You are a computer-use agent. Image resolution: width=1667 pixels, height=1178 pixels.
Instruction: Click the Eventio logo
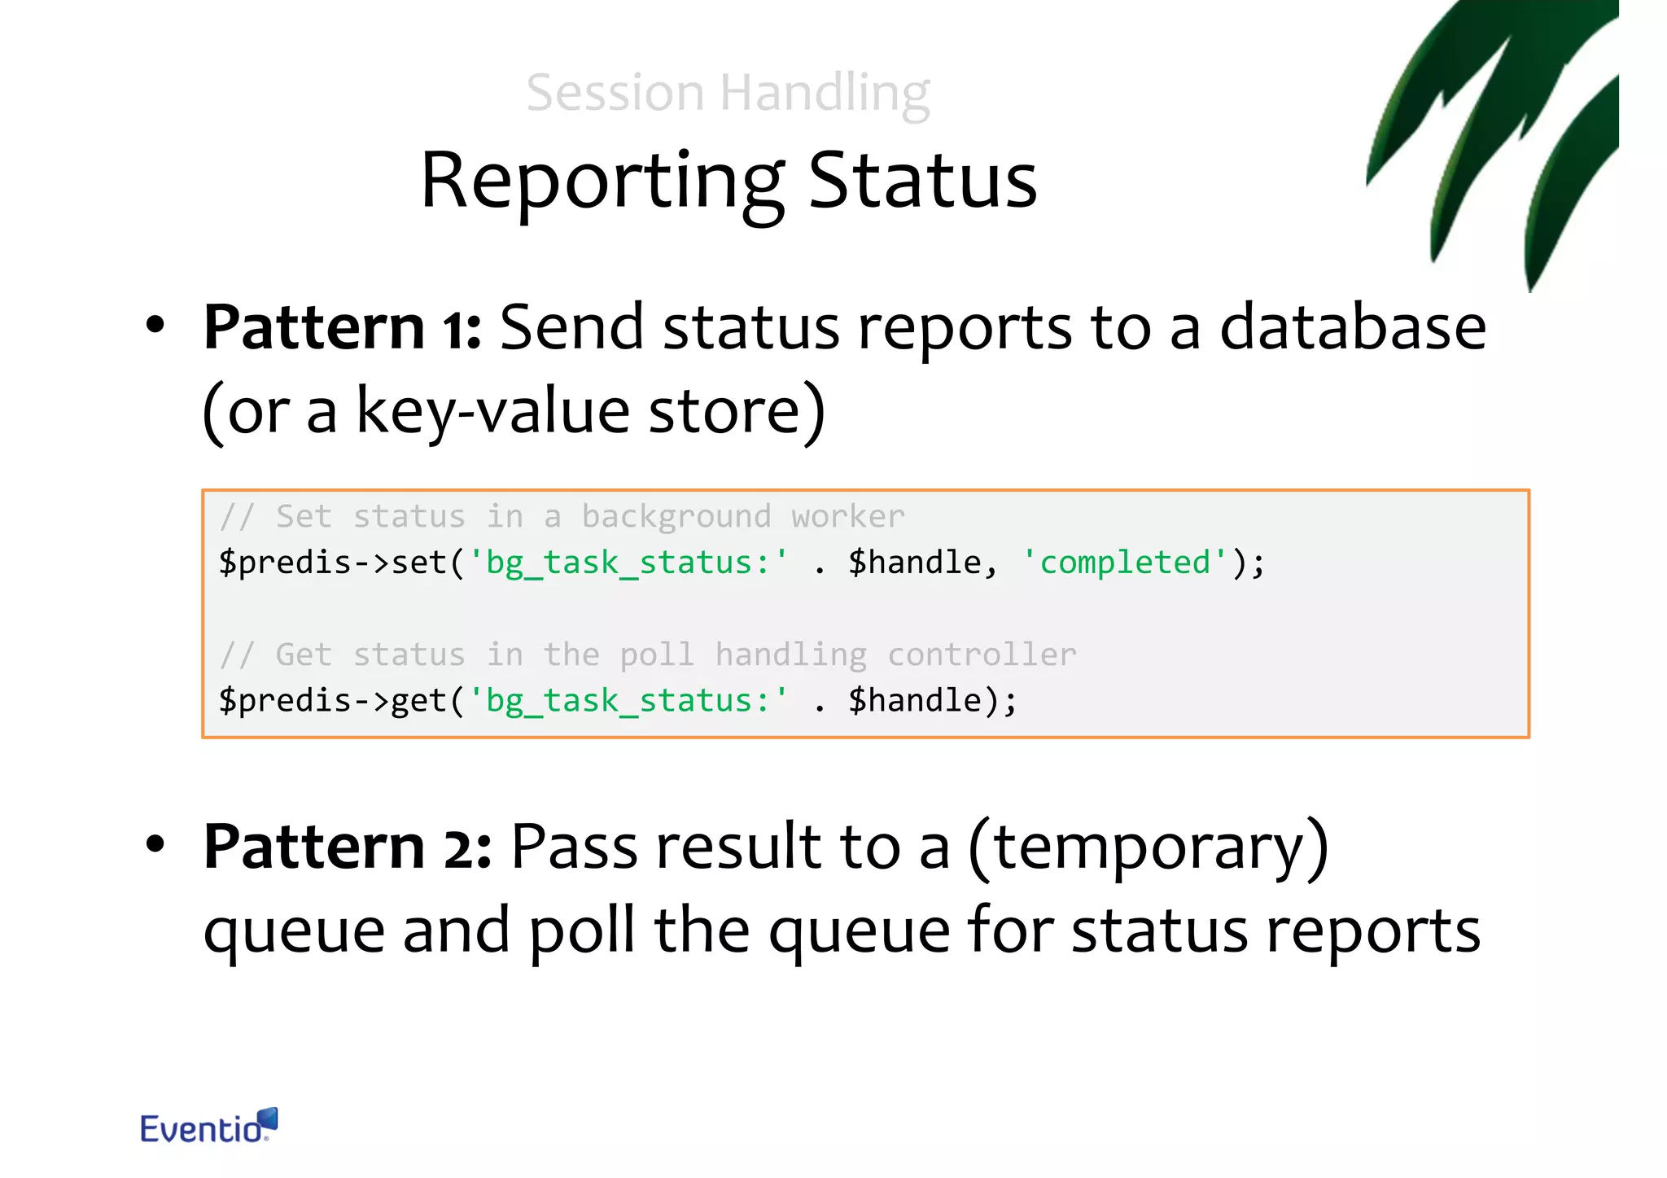[x=208, y=1127]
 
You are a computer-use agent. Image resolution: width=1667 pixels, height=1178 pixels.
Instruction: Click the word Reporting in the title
[x=602, y=182]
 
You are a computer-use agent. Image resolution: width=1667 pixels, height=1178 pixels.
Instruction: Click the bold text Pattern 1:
[x=342, y=327]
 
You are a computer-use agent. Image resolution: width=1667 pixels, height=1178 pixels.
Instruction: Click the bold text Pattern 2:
[x=347, y=847]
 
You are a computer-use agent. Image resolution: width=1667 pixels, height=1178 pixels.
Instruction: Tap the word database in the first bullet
[x=1352, y=327]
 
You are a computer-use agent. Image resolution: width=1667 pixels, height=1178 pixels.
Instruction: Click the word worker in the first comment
[x=847, y=517]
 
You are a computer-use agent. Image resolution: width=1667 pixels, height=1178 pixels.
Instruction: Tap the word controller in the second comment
[x=981, y=655]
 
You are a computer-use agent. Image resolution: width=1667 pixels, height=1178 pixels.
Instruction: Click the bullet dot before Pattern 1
[x=155, y=326]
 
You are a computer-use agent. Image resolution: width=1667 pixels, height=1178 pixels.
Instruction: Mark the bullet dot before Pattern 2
[x=155, y=844]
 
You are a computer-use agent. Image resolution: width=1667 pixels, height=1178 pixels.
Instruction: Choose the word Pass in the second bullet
[x=573, y=847]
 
